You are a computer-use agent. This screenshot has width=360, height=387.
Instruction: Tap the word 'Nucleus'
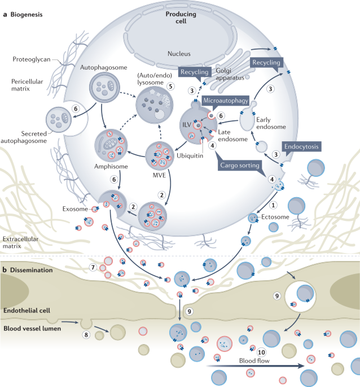coord(180,54)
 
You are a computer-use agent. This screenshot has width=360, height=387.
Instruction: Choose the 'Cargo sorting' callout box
coord(239,166)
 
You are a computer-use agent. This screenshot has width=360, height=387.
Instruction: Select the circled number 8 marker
coord(86,334)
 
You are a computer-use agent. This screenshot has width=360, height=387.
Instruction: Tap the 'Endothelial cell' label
coord(27,310)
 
